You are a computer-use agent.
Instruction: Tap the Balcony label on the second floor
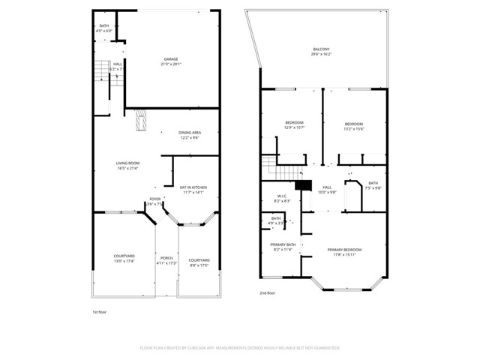tap(320, 52)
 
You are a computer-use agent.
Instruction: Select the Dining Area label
tap(189, 135)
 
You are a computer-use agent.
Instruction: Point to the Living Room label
tap(127, 166)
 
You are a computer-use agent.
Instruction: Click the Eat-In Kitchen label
tap(193, 189)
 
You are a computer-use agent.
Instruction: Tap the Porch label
tap(166, 260)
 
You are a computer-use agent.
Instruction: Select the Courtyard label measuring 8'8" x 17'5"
tap(199, 262)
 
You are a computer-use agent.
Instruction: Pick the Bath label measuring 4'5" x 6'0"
tap(104, 28)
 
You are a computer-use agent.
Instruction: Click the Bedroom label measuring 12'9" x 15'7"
tap(294, 125)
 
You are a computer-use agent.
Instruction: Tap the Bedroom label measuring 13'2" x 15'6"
tap(354, 126)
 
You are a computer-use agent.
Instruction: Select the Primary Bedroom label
tap(344, 252)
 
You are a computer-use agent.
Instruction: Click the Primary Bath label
tap(281, 247)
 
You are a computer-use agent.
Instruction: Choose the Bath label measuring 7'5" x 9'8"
tap(373, 185)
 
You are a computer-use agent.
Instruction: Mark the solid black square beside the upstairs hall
tap(303, 186)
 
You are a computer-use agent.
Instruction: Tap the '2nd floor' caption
tap(268, 293)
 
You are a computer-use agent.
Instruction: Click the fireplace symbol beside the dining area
tap(140, 121)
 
